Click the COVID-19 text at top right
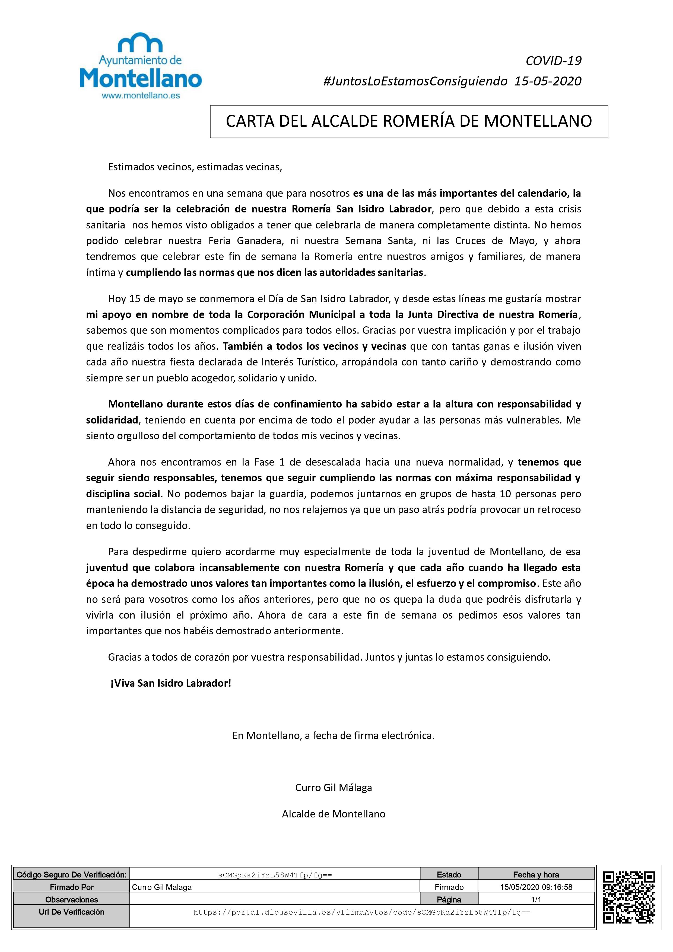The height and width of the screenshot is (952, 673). pyautogui.click(x=554, y=61)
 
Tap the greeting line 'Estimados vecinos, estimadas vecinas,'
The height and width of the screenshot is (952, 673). pyautogui.click(x=195, y=167)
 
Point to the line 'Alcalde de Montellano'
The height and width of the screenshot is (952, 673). pyautogui.click(x=334, y=814)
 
